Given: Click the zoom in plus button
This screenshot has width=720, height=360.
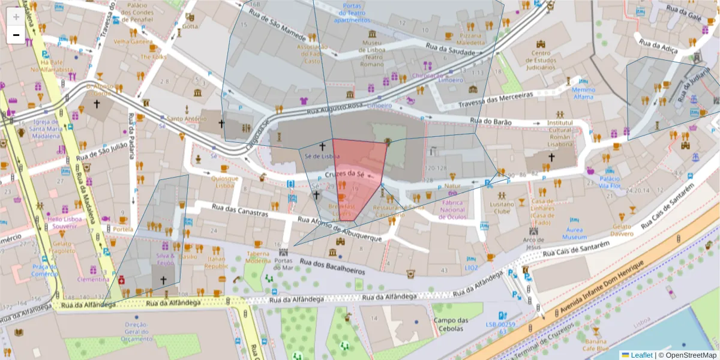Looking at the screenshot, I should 16,17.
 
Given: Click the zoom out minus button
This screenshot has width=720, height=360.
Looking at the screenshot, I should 16,35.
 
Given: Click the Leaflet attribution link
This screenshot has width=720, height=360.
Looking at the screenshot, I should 642,355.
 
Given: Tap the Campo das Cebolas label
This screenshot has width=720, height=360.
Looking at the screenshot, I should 450,324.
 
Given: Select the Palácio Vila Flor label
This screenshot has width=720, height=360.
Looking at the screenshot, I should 610,182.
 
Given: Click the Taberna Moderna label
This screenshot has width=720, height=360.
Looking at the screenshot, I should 258,257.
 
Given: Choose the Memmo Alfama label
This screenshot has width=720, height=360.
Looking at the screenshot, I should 583,93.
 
